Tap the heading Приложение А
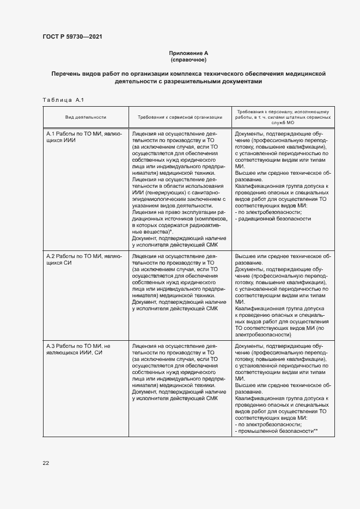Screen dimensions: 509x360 188,53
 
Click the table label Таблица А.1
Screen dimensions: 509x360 62,100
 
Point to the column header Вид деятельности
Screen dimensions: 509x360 86,116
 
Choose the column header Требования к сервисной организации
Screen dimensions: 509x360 180,116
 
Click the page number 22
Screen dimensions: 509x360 46,463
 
